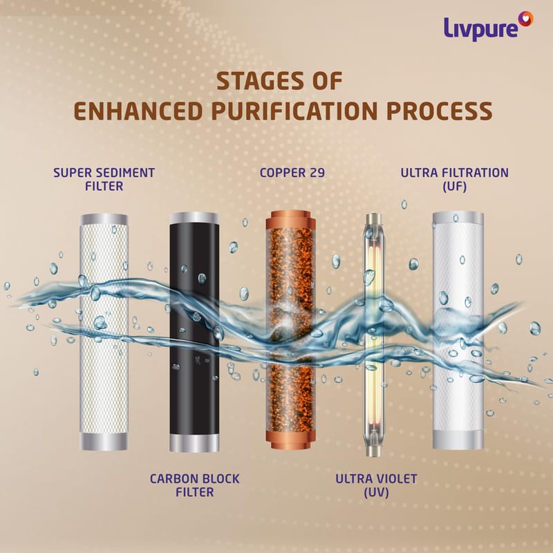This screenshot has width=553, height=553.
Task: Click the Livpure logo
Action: click(x=489, y=26)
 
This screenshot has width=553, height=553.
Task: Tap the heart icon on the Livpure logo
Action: click(x=525, y=19)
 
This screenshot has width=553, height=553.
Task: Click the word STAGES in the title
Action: click(x=260, y=81)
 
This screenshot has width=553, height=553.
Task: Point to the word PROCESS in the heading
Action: click(x=440, y=111)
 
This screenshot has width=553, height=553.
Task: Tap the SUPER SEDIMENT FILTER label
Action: click(x=104, y=179)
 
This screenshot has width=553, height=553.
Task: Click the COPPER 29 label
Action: click(x=292, y=173)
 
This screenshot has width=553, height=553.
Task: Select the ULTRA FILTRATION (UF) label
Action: click(x=455, y=180)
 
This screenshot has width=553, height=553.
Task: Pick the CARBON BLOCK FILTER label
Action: click(x=195, y=485)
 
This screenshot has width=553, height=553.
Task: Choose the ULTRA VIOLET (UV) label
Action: click(x=376, y=486)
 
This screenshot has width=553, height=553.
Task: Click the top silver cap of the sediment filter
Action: click(x=104, y=219)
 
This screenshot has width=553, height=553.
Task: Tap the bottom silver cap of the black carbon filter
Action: click(x=194, y=443)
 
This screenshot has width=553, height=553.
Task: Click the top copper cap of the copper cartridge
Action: click(x=290, y=220)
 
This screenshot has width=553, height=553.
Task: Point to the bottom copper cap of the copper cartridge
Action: click(x=290, y=440)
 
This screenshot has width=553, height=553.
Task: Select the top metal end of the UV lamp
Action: click(x=373, y=219)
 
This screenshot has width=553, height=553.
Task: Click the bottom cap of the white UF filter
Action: click(x=458, y=440)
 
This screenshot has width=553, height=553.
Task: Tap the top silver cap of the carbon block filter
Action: click(x=194, y=218)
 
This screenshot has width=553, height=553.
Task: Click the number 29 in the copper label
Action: click(x=317, y=173)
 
